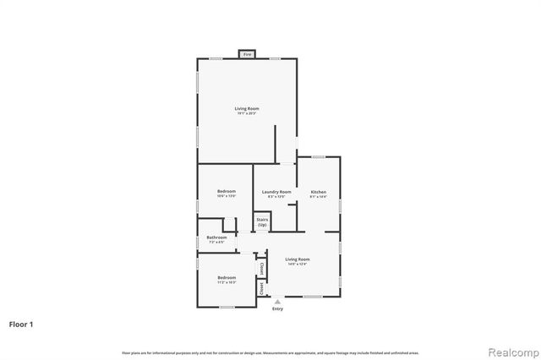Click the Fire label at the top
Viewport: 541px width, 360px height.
[247, 54]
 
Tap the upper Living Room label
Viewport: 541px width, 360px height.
[247, 108]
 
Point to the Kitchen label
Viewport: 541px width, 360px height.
[318, 192]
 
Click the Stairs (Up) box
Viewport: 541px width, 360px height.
[263, 222]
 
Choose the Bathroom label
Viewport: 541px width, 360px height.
[216, 237]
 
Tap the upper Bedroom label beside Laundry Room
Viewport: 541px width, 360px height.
[226, 192]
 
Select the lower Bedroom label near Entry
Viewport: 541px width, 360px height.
[226, 278]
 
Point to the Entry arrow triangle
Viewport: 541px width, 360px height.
[277, 301]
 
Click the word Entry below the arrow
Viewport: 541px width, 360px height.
[277, 308]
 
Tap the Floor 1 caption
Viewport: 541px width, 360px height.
[21, 324]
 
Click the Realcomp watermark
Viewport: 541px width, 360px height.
[509, 350]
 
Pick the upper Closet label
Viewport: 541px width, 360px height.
[262, 269]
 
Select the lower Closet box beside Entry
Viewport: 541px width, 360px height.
[262, 288]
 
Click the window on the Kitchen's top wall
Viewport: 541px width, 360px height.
[319, 156]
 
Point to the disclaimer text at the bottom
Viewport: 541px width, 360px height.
[270, 352]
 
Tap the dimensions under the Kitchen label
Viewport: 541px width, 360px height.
[318, 197]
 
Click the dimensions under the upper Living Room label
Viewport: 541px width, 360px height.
[247, 113]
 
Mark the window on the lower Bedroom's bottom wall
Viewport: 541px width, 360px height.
[226, 307]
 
